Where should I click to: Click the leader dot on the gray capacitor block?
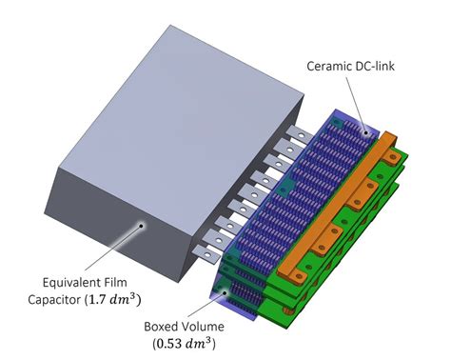pyautogui.click(x=141, y=225)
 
